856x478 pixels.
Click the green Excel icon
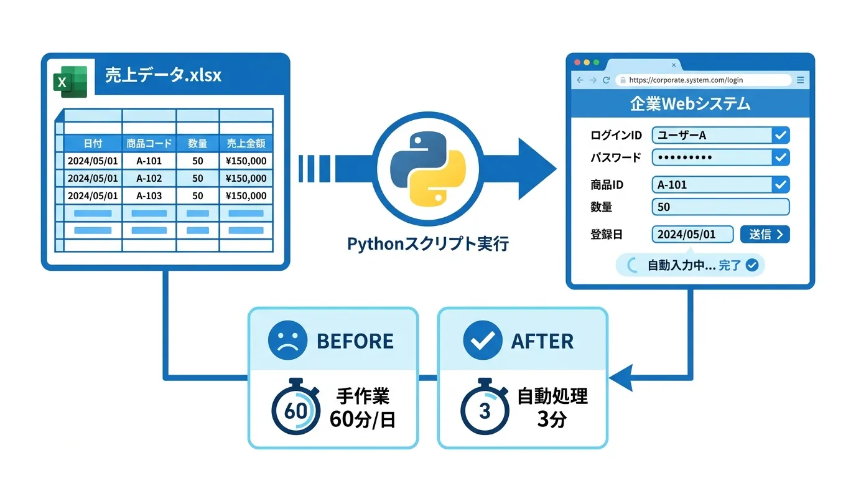(x=70, y=81)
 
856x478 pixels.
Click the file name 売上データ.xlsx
(x=163, y=75)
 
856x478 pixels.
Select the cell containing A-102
(x=149, y=178)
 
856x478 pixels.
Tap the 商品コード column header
(x=149, y=143)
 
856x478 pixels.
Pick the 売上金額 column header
(x=246, y=143)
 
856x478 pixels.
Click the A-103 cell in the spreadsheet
(x=149, y=196)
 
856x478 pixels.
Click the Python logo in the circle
(x=428, y=169)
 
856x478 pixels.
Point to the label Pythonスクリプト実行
(x=428, y=243)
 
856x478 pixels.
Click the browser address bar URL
(x=686, y=80)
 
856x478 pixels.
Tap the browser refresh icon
(x=606, y=80)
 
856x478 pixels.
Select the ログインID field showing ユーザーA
(x=721, y=135)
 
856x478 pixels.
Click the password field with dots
(x=721, y=157)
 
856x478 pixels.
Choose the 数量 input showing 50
(x=721, y=207)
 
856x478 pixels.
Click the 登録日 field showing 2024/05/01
(x=692, y=234)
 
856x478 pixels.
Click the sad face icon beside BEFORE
(x=287, y=340)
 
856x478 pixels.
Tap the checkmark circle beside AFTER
(x=483, y=340)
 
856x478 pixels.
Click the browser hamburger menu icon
(x=800, y=80)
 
